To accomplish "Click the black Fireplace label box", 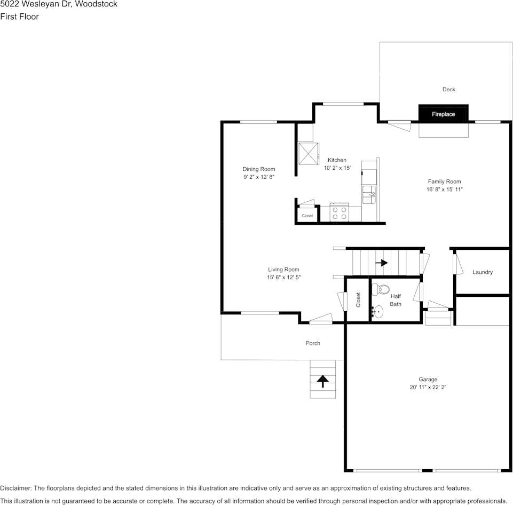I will click(x=443, y=114).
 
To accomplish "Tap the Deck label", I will click(x=448, y=90).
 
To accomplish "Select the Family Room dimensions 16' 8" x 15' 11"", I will click(x=444, y=190).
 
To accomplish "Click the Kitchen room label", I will click(x=337, y=160).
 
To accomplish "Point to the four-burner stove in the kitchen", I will click(x=340, y=213).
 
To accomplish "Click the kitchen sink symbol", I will click(x=369, y=195).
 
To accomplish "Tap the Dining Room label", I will click(x=259, y=169).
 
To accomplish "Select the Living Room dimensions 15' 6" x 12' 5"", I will click(x=283, y=278).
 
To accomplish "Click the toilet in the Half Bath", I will click(x=381, y=289).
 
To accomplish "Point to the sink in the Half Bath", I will click(x=378, y=311).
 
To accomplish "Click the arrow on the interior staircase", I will click(x=382, y=263).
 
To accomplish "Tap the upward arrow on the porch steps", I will click(x=322, y=381).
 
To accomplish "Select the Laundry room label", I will click(x=483, y=272).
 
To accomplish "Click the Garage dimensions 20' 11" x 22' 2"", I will click(x=428, y=388).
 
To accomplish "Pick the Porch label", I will click(x=313, y=343).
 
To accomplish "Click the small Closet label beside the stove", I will click(x=307, y=216).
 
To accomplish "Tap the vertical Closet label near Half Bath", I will click(x=358, y=299).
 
